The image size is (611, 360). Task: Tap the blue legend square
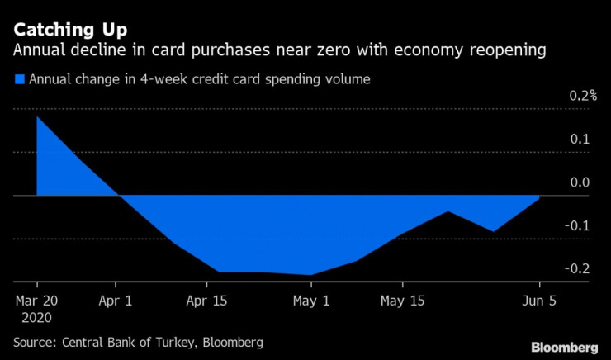19,80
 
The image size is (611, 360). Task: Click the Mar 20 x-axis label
38,301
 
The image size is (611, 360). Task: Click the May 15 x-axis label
402,301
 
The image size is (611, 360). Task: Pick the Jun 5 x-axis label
538,301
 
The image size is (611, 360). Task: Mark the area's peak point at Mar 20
38,116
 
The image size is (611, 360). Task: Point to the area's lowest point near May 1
310,275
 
